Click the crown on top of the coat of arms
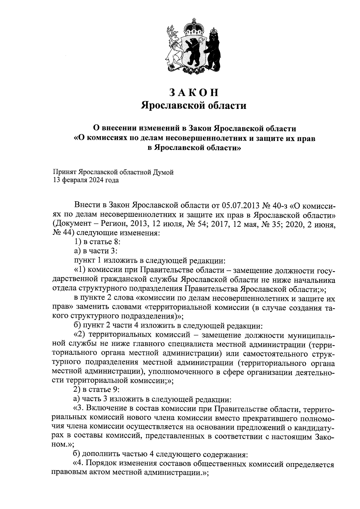click(x=193, y=29)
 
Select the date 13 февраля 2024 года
click(x=86, y=180)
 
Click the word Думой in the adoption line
click(x=164, y=172)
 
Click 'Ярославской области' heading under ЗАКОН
click(x=194, y=106)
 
